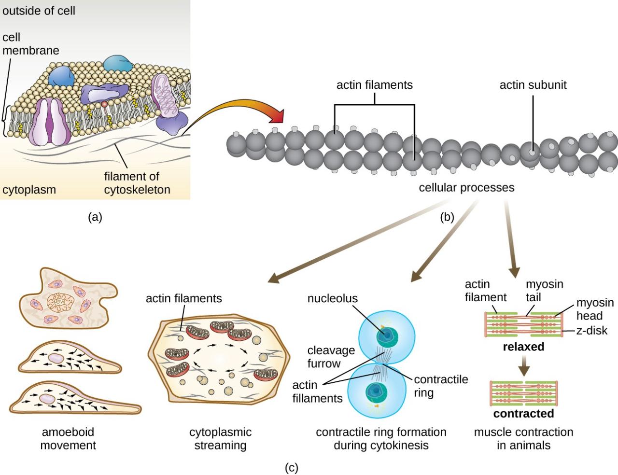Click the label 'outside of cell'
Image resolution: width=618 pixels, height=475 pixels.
click(x=39, y=11)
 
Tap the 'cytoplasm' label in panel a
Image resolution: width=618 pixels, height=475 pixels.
click(x=29, y=190)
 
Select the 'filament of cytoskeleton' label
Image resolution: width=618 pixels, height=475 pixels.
click(x=137, y=183)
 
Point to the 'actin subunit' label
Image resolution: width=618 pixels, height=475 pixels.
click(x=533, y=85)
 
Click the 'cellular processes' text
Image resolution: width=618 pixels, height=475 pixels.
click(x=466, y=187)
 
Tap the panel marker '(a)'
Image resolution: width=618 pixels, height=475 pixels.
click(x=95, y=217)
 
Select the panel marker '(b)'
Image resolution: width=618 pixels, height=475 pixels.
click(x=447, y=217)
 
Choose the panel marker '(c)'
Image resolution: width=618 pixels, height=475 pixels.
click(x=291, y=467)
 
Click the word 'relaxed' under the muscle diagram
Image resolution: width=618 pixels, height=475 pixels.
click(x=523, y=347)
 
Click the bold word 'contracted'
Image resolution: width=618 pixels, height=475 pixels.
click(x=523, y=414)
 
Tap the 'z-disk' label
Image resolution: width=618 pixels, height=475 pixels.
click(x=591, y=331)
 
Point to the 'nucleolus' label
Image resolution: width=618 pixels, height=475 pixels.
click(x=333, y=298)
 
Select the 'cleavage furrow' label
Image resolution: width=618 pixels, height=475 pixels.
click(x=331, y=357)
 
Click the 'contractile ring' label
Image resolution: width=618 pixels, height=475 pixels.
click(x=441, y=386)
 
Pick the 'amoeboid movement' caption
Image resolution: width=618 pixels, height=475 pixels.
click(x=68, y=438)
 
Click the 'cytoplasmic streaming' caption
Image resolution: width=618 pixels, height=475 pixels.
click(x=220, y=438)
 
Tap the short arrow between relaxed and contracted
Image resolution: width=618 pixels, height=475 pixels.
click(x=524, y=369)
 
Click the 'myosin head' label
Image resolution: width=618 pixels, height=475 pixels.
click(x=595, y=309)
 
